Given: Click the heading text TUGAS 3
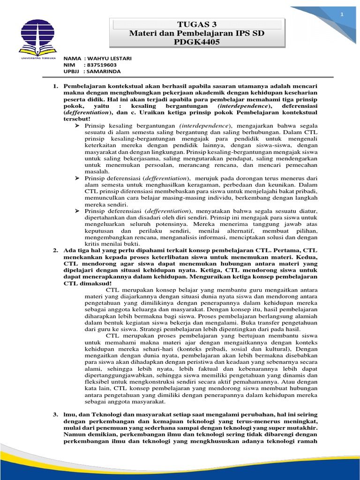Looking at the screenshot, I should (x=197, y=25).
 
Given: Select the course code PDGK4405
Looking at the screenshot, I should (x=197, y=42).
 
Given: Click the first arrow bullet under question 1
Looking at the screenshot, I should (x=78, y=126).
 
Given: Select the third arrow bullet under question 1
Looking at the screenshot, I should (x=78, y=211).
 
